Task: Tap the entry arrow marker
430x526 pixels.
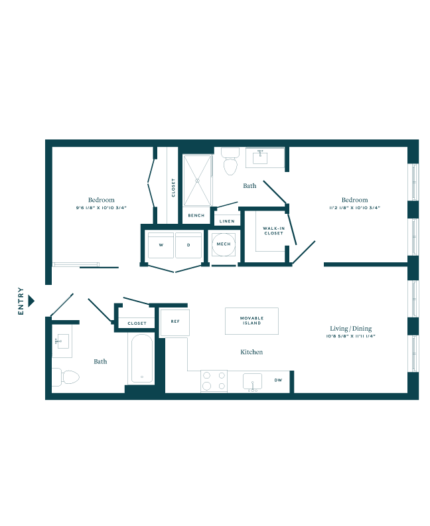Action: pos(31,301)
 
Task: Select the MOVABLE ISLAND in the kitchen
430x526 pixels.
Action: pos(251,321)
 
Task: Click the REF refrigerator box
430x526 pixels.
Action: pos(175,321)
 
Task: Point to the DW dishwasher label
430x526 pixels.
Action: pos(277,381)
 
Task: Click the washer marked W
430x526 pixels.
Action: pos(161,245)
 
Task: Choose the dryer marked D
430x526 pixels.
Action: pos(188,245)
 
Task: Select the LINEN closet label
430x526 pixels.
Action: pos(226,220)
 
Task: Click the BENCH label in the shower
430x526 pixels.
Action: pos(196,216)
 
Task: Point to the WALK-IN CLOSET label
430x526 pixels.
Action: pos(273,230)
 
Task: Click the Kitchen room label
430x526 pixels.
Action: pos(251,352)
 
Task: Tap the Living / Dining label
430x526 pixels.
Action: pos(351,329)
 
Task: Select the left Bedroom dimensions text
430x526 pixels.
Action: pos(101,208)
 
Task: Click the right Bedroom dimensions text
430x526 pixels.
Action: pos(355,208)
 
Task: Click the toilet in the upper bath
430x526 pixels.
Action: pos(231,161)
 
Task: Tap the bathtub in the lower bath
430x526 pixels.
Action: pos(142,359)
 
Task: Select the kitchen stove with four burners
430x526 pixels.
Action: pos(214,381)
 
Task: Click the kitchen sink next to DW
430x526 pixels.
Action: pos(253,382)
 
